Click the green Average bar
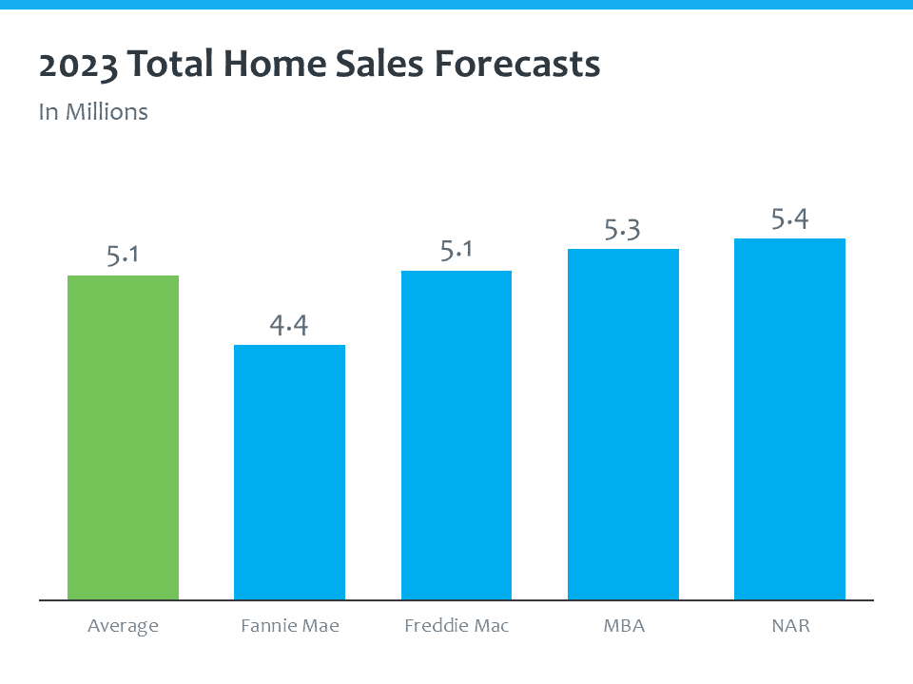coord(123,437)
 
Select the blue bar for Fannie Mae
coord(289,472)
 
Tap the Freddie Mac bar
coord(456,435)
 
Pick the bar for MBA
coord(623,424)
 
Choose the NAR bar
coord(789,419)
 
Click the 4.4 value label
coord(289,325)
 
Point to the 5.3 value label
coord(623,229)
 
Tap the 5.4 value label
coord(789,219)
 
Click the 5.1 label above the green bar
coord(123,256)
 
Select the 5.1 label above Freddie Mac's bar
coord(456,251)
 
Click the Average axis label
coord(123,626)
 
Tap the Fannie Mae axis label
coord(289,626)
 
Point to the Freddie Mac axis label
coord(456,626)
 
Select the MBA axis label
coord(623,626)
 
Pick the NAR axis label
coord(789,626)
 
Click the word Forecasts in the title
coord(517,65)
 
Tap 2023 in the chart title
coord(79,65)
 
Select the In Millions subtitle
coord(93,111)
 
